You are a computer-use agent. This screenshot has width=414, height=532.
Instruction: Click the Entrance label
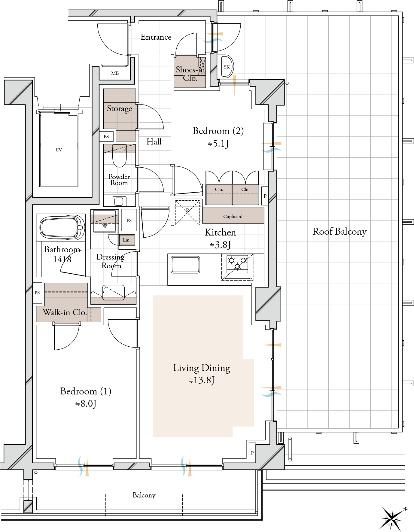pyautogui.click(x=156, y=37)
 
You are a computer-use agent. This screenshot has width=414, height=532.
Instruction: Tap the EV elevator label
pyautogui.click(x=59, y=150)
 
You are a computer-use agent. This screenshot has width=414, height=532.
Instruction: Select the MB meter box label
pyautogui.click(x=115, y=73)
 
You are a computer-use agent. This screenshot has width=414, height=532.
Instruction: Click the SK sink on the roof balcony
pyautogui.click(x=227, y=67)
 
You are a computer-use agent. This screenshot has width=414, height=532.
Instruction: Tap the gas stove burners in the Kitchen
pyautogui.click(x=237, y=263)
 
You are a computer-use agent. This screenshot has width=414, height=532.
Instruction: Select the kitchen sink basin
pyautogui.click(x=185, y=265)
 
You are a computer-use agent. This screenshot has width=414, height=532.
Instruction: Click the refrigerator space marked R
pyautogui.click(x=187, y=212)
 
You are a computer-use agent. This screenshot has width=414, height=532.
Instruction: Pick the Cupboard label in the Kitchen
pyautogui.click(x=233, y=216)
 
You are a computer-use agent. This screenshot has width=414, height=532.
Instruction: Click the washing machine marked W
pyautogui.click(x=105, y=221)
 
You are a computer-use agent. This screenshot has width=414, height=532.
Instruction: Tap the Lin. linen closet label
pyautogui.click(x=127, y=240)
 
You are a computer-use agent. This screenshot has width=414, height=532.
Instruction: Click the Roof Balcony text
pyautogui.click(x=339, y=232)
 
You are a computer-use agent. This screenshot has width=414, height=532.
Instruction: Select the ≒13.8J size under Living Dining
pyautogui.click(x=201, y=380)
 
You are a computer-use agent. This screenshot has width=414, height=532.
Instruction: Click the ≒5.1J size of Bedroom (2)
pyautogui.click(x=218, y=144)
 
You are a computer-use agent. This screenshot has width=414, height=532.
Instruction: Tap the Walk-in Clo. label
pyautogui.click(x=65, y=312)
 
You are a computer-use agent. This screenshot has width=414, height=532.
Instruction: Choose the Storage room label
pyautogui.click(x=120, y=108)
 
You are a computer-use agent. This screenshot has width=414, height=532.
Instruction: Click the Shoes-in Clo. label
pyautogui.click(x=190, y=74)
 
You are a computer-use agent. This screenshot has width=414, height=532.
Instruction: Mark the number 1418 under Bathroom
pyautogui.click(x=62, y=259)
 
